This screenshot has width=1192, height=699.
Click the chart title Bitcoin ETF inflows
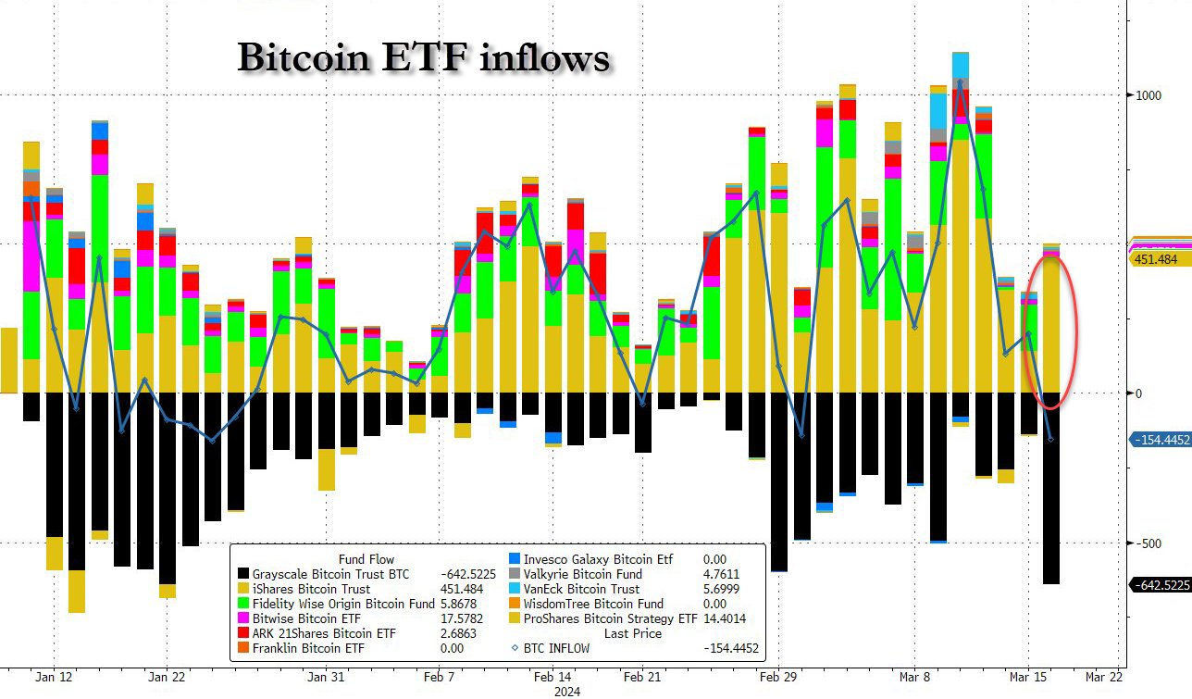point(423,58)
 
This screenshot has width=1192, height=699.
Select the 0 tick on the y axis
point(1138,393)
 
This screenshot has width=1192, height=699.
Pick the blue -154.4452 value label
point(1160,440)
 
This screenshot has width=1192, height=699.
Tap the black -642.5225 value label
point(1160,584)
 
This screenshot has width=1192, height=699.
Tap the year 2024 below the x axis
point(566,690)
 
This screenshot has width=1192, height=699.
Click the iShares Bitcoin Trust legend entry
point(311,589)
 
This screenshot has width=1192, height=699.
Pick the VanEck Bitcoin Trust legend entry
point(581,589)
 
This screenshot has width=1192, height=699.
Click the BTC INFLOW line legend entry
point(556,648)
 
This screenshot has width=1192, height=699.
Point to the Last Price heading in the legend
point(634,633)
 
